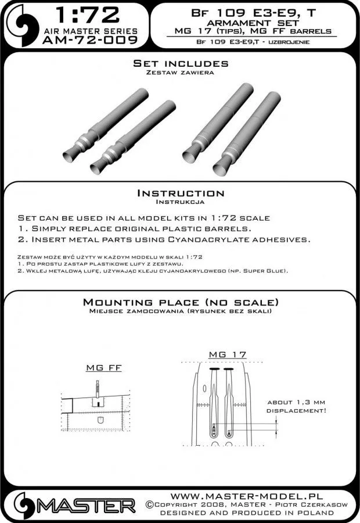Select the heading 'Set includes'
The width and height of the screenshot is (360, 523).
tap(180, 63)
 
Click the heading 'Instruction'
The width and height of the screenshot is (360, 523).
tap(180, 193)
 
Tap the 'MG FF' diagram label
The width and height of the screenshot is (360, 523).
tap(99, 368)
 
